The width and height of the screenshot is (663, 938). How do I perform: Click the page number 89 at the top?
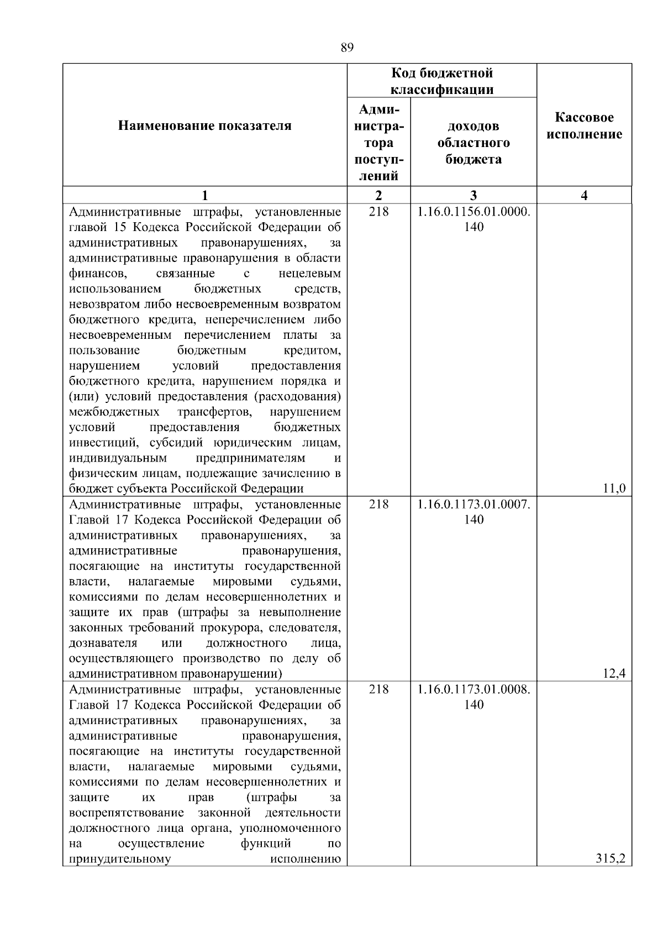(x=346, y=48)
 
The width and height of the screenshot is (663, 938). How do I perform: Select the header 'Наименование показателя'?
(x=204, y=126)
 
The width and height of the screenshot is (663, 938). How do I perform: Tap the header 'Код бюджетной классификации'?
(x=442, y=81)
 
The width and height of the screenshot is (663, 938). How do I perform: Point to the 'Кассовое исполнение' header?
(x=584, y=126)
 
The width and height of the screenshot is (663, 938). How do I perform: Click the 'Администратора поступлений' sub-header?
(x=378, y=143)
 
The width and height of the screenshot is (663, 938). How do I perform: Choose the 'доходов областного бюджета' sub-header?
(x=473, y=143)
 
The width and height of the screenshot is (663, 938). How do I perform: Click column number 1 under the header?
(x=204, y=195)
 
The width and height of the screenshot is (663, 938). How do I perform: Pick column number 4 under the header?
(x=584, y=195)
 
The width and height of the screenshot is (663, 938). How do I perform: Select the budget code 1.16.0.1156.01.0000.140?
(x=473, y=219)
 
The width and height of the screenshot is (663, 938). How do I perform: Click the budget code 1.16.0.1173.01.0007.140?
(x=473, y=511)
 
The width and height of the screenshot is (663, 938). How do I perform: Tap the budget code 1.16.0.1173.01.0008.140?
(x=473, y=696)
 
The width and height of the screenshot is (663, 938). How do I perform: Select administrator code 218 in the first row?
(x=378, y=212)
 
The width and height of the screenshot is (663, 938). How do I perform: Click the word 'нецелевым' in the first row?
(x=309, y=274)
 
